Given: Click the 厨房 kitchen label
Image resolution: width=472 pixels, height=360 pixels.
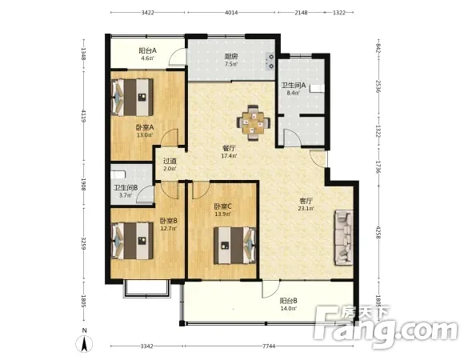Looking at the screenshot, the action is pos(231,56).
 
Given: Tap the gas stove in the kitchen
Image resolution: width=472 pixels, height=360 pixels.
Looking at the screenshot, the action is pos(270,61).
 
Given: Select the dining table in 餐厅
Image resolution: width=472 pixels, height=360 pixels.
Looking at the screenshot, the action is pos(254,122).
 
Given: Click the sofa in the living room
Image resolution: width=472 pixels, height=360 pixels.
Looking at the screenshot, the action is pos(343,238).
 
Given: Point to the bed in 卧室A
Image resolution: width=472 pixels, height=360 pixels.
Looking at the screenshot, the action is pos(132,98).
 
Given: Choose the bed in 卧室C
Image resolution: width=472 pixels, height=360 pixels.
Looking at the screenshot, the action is pos(234,246).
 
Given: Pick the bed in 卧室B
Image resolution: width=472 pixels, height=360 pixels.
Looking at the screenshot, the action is pos(132,241).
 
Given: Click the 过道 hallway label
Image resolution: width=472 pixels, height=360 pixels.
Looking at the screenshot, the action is pos(170,161).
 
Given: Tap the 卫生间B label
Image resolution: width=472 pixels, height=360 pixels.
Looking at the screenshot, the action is pos(126,188).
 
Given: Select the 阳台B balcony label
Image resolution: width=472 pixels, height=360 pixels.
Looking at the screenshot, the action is pos(288,301).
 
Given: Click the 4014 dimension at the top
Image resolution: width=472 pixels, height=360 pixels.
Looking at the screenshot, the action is pos(231,13).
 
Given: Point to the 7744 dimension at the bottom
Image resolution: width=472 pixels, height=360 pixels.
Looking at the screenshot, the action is pos(269,346).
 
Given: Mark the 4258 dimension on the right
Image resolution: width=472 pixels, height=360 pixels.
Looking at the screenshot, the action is pos(378,232).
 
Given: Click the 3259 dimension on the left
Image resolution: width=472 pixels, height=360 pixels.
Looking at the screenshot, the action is pos(84,243).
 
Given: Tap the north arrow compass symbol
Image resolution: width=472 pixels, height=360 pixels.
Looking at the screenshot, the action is pos(84,343).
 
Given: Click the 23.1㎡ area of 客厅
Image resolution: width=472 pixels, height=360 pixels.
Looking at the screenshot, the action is pos(306,208).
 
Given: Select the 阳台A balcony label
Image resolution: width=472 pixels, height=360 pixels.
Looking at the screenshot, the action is pos(147,50).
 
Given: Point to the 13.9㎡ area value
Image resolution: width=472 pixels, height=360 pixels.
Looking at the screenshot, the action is pos(222,214).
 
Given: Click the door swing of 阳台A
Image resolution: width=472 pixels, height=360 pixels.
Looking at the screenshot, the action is pos(176,57).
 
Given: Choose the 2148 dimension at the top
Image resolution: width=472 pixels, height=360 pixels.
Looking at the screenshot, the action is pos(301,13).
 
